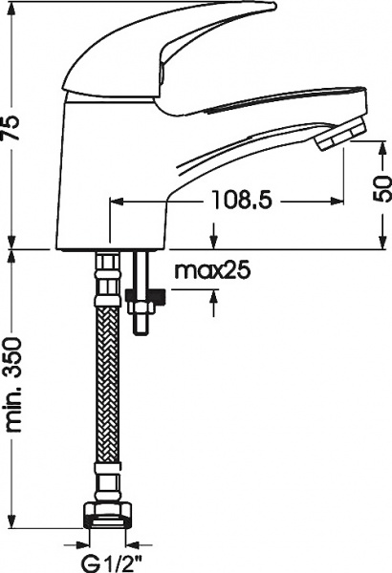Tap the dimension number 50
(x=381, y=187)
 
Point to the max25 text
(x=211, y=270)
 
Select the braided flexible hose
(x=108, y=382)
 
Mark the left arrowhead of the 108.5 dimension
(x=117, y=202)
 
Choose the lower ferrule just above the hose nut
(x=108, y=477)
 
